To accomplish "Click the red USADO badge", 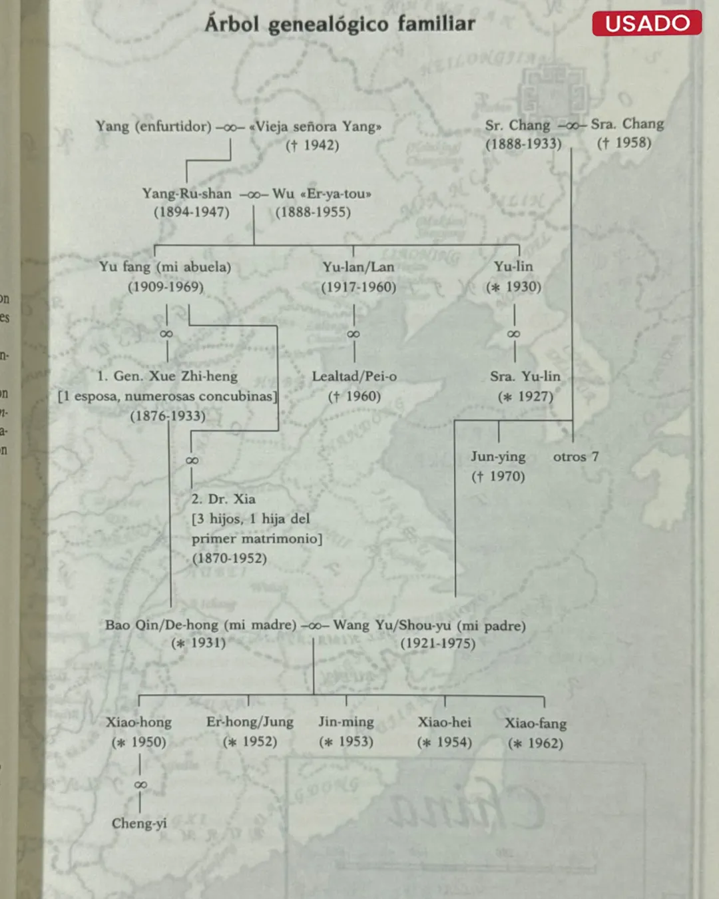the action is pyautogui.click(x=646, y=23).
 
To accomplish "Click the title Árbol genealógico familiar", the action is pyautogui.click(x=340, y=24).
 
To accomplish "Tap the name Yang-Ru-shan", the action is pyautogui.click(x=187, y=193).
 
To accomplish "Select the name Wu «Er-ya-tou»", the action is pyautogui.click(x=322, y=193).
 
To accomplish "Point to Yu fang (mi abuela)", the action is pyautogui.click(x=165, y=267).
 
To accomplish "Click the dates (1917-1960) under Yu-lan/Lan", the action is pyautogui.click(x=359, y=287).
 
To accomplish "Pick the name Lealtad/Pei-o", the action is pyautogui.click(x=354, y=376).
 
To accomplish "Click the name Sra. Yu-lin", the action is pyautogui.click(x=525, y=376).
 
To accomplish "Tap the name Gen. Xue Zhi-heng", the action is pyautogui.click(x=176, y=376).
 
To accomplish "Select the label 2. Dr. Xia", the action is pyautogui.click(x=224, y=499).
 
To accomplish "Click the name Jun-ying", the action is pyautogui.click(x=499, y=457).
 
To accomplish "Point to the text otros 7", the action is pyautogui.click(x=576, y=457).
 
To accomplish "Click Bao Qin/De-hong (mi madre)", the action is pyautogui.click(x=200, y=625).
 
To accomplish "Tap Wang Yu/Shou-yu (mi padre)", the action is pyautogui.click(x=429, y=625).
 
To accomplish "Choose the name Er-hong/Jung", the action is pyautogui.click(x=250, y=722).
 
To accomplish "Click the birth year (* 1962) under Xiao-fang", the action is pyautogui.click(x=536, y=743).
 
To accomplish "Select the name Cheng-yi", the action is pyautogui.click(x=139, y=823).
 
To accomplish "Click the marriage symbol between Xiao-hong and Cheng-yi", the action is pyautogui.click(x=140, y=784).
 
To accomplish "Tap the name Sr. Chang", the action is pyautogui.click(x=518, y=125).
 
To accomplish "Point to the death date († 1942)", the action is pyautogui.click(x=312, y=145).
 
